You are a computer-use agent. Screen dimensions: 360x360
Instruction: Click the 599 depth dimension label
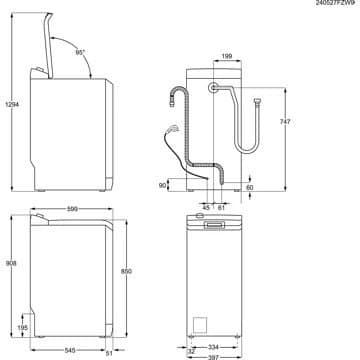(60, 207)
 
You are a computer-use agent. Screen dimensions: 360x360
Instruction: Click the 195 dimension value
(22, 327)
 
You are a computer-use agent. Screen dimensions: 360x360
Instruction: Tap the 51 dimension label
(108, 352)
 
